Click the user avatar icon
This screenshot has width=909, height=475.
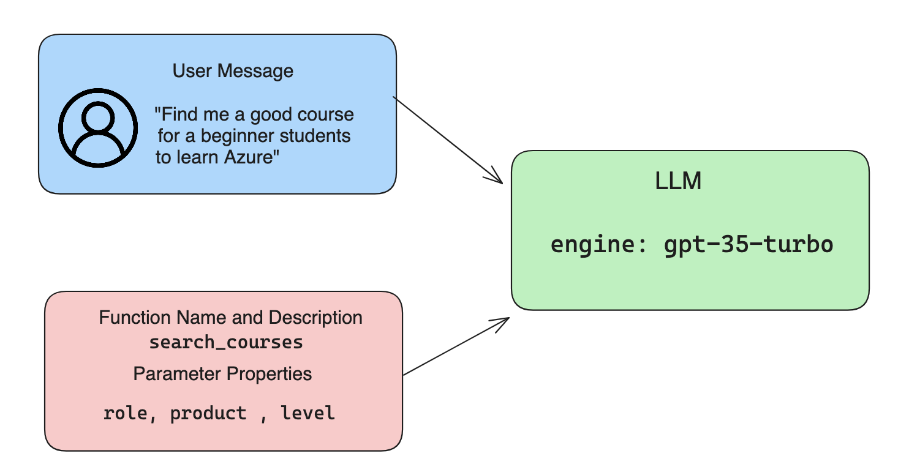(x=98, y=127)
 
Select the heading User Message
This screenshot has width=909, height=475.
(x=233, y=71)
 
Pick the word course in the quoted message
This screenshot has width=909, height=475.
(x=326, y=114)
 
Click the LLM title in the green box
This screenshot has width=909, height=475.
(x=678, y=182)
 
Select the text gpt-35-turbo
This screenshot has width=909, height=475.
(x=749, y=244)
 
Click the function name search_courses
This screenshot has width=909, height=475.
(x=226, y=342)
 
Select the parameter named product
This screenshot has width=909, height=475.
(x=208, y=413)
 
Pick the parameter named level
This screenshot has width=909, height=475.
(x=307, y=413)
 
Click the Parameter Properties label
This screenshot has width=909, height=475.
(x=222, y=373)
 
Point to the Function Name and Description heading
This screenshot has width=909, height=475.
(x=230, y=318)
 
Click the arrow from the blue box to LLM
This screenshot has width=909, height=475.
(x=447, y=140)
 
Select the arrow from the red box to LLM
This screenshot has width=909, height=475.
(x=456, y=346)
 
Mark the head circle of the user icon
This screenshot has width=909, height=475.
(x=98, y=116)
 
